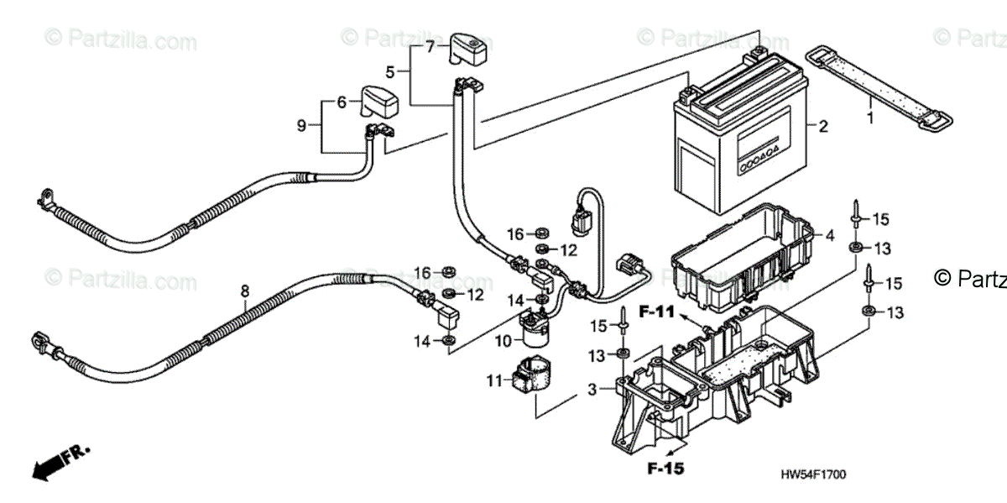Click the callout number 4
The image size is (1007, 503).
coord(830,236)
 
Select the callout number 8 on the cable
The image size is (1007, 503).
coord(245,291)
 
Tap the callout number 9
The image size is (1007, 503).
coord(302,126)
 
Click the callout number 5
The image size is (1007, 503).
coord(391,71)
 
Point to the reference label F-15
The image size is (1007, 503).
coord(666,468)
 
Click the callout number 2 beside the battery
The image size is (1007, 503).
coord(823,127)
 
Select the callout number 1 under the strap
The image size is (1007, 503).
coord(870,118)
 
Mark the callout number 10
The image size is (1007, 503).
coord(503,341)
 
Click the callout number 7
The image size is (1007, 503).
coord(430,47)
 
